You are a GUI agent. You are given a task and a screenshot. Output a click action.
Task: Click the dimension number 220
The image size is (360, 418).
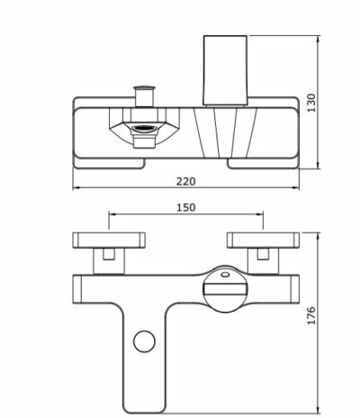tap(186, 180)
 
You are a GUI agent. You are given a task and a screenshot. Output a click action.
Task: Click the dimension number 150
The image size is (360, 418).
tap(186, 207)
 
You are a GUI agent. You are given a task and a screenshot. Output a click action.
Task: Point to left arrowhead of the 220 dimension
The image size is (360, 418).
tap(73, 189)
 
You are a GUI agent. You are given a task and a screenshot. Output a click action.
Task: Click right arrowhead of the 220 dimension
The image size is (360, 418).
tap(300, 189)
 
